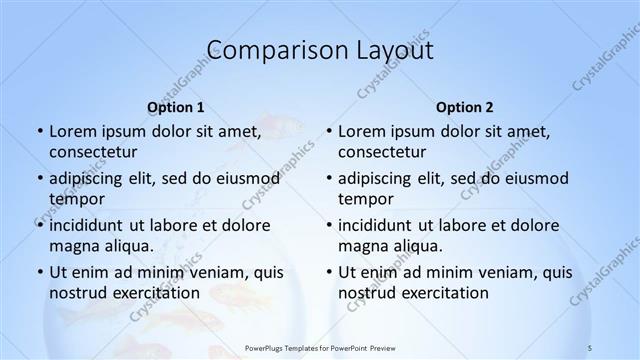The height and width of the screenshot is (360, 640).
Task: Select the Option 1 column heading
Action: coord(176,107)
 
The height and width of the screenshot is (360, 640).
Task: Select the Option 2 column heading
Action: coord(465,107)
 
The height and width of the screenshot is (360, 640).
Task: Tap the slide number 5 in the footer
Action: coord(590,347)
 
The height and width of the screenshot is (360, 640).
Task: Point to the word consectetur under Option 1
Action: coord(93,153)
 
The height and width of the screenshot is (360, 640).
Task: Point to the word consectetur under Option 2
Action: coord(382,153)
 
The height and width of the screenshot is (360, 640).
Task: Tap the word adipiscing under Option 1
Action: coord(88,178)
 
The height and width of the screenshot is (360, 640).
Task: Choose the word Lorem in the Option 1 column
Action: coord(71,131)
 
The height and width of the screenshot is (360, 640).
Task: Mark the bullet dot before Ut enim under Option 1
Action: coord(39,272)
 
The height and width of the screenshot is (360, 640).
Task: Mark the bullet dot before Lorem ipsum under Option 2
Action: coord(328,132)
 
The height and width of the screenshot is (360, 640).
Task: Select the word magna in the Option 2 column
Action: coord(362,246)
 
